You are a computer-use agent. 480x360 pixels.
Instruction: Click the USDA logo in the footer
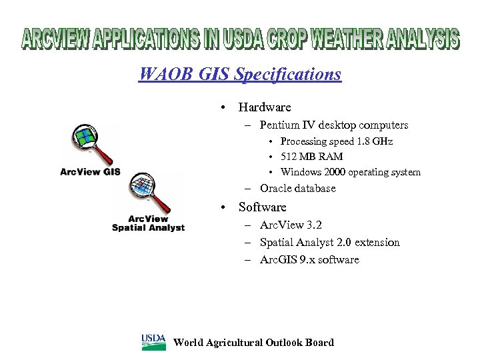click(x=153, y=342)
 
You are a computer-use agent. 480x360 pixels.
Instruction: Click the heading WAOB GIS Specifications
click(x=239, y=73)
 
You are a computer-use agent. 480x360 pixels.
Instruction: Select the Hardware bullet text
click(x=265, y=107)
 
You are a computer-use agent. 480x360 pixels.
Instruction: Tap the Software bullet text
click(x=262, y=207)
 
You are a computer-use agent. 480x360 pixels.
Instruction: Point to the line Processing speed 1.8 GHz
click(x=336, y=141)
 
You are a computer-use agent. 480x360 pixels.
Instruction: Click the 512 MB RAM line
click(x=311, y=157)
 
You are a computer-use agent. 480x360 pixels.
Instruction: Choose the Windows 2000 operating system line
click(x=350, y=172)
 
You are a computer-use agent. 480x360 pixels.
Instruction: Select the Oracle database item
click(x=297, y=189)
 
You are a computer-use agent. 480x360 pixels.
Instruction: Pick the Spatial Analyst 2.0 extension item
click(x=329, y=243)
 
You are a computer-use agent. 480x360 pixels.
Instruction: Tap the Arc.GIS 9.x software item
click(x=309, y=260)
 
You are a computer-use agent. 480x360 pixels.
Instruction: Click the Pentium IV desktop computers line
click(x=333, y=125)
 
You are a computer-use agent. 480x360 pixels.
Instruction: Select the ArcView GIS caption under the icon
click(x=90, y=171)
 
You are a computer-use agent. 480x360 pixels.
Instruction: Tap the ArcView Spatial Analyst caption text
click(x=148, y=223)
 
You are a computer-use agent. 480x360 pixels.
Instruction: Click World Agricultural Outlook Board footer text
click(x=253, y=343)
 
